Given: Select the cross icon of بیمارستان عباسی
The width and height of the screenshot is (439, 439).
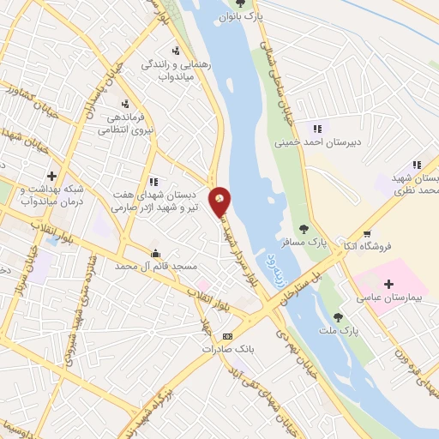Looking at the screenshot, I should [387, 283].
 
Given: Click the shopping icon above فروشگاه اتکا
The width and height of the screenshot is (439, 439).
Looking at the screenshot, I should [367, 233].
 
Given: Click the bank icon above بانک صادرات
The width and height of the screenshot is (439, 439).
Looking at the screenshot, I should [227, 336].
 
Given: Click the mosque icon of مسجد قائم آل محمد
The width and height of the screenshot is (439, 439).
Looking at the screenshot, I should [154, 254].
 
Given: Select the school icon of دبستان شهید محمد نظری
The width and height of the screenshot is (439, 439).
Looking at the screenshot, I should [417, 165].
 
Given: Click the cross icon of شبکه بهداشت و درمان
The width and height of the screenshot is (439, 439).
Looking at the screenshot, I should [51, 176].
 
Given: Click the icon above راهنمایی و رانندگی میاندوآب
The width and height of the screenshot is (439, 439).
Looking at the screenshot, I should [176, 51].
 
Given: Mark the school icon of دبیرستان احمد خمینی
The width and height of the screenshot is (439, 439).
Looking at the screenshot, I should [317, 129].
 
